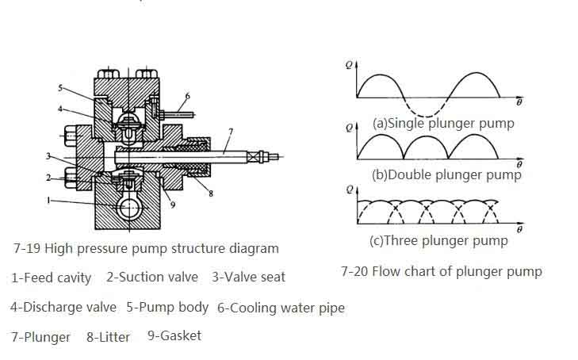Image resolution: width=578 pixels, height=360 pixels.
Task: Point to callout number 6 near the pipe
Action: point(188,97)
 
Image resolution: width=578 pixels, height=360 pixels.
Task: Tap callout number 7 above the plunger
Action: point(230,131)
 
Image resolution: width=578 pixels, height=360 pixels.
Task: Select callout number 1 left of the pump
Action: point(49,201)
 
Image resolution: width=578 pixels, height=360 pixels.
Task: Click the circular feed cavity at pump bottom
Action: point(127,209)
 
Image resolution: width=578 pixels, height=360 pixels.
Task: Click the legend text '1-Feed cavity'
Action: point(51,278)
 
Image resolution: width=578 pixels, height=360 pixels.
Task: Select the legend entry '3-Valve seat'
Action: point(248,277)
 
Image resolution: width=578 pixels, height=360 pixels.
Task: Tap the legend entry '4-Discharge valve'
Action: point(63,307)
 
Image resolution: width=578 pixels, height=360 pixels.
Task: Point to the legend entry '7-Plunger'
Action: point(40,337)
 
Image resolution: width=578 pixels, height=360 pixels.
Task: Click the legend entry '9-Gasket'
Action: point(174,335)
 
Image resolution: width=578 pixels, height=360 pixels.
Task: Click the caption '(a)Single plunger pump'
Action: point(442,123)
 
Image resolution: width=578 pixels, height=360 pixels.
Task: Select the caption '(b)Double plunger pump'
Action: point(446,174)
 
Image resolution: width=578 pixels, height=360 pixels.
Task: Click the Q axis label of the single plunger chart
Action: point(349,66)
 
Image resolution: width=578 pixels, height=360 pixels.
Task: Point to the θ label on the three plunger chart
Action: point(519,229)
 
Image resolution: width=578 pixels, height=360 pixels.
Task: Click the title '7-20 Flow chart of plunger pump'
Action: point(441,271)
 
